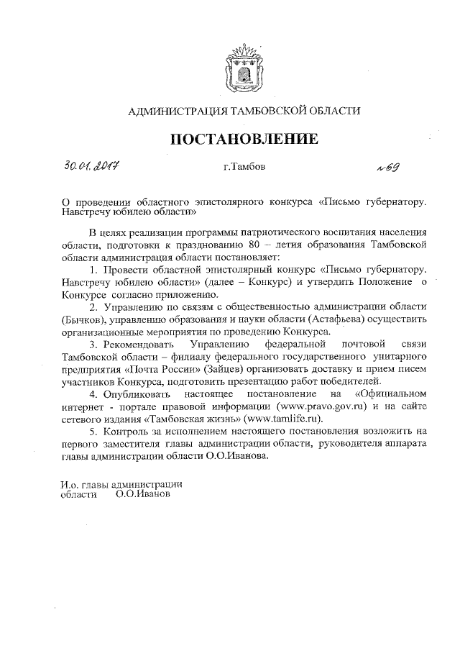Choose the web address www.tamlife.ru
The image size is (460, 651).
coord(284,419)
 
